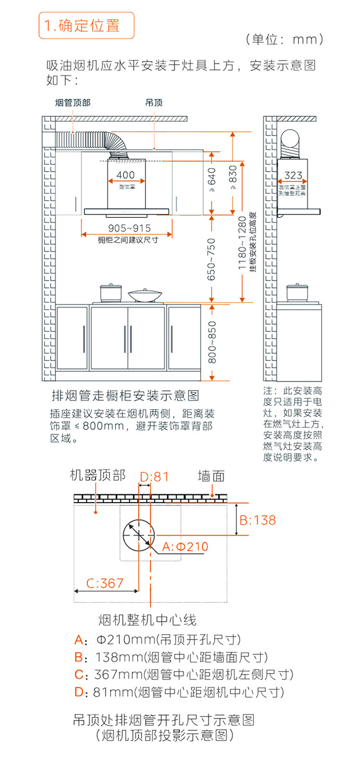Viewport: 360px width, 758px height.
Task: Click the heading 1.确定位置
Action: [86, 25]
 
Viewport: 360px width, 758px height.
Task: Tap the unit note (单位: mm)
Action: [284, 39]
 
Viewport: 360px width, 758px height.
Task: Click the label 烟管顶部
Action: [72, 102]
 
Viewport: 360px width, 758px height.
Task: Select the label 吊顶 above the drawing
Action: [154, 102]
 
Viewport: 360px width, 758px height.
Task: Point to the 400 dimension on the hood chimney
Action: [126, 175]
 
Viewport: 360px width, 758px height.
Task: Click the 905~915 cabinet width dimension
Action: [129, 228]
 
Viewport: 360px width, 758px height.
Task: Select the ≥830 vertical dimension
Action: [233, 178]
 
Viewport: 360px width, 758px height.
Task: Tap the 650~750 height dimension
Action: [212, 260]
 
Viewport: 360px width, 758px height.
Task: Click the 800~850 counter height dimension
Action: [212, 342]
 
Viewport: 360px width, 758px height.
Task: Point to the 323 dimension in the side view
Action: [293, 176]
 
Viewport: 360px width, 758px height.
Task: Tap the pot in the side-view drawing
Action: [296, 292]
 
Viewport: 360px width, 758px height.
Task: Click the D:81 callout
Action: [154, 476]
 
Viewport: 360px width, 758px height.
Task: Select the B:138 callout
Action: [258, 520]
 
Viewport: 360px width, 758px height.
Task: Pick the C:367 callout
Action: [105, 583]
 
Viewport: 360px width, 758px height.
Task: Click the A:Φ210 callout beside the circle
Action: [185, 546]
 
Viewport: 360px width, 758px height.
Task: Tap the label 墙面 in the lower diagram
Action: [211, 476]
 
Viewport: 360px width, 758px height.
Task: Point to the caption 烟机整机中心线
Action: [147, 620]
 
